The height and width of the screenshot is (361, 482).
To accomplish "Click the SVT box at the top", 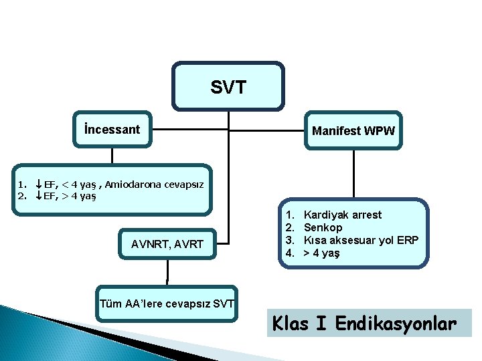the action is coord(228,86).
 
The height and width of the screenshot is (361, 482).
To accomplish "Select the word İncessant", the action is coord(112,130).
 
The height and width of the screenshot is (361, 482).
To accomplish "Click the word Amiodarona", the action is coord(131,184).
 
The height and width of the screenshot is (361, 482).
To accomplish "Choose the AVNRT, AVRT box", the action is coord(167,245).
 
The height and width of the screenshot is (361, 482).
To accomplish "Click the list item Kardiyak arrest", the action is coord(343,215).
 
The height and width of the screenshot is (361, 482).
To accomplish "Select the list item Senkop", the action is coord(323,227).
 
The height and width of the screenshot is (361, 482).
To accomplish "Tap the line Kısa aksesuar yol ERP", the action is coord(361,240).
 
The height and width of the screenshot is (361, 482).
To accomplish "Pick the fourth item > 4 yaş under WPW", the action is coord(322,253).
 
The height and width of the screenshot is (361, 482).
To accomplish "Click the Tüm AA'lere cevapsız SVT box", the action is coord(167,305).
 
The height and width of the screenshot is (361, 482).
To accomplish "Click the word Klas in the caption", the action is coord(292,324).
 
